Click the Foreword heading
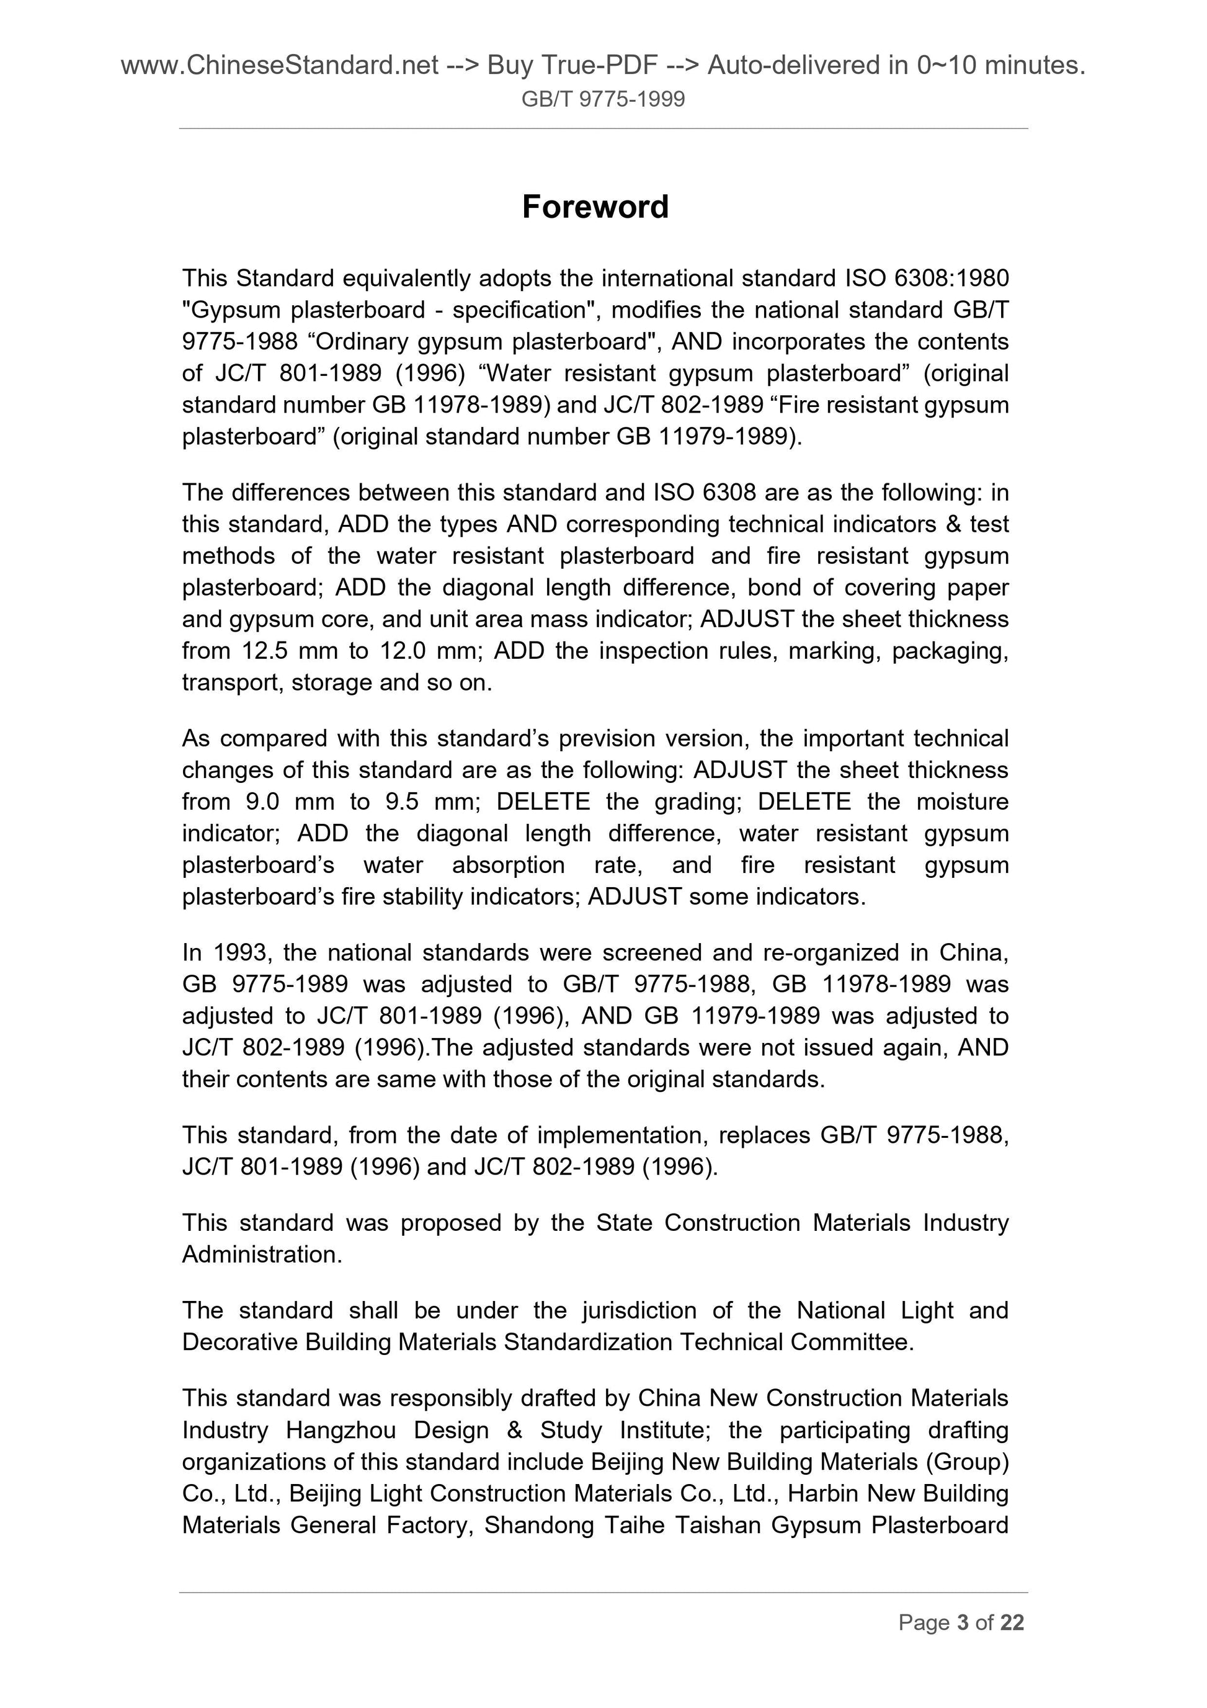pos(595,207)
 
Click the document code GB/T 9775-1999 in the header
pos(603,99)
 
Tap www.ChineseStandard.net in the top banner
pos(279,66)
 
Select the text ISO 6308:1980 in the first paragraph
pos(927,278)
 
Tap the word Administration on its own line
pos(262,1255)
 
